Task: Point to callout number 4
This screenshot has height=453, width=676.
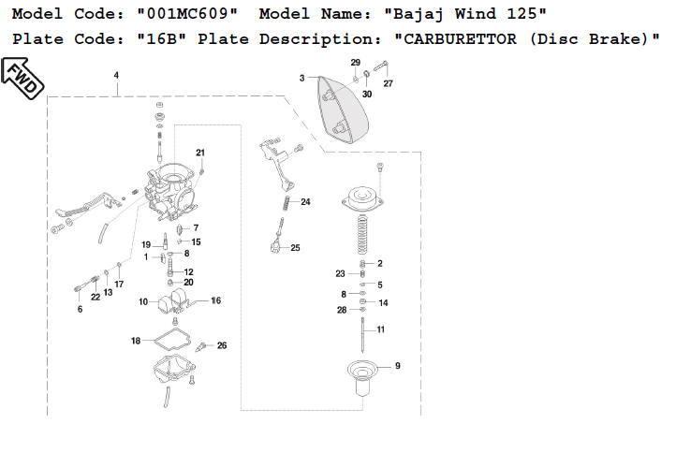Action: point(116,75)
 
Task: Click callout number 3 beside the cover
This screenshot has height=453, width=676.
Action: point(302,79)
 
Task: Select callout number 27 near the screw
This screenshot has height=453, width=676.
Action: point(388,84)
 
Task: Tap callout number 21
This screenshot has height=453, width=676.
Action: point(199,153)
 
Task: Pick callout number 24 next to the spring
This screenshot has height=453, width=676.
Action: point(305,202)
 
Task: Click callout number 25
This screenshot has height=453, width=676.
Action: point(295,248)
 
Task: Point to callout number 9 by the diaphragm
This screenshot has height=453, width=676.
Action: point(397,366)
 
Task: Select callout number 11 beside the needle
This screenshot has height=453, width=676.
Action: point(381,329)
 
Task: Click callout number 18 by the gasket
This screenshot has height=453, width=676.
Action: point(136,341)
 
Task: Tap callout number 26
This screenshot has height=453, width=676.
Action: point(222,345)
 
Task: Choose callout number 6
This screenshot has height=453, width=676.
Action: point(80,309)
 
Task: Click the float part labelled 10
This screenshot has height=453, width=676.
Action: point(171,303)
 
